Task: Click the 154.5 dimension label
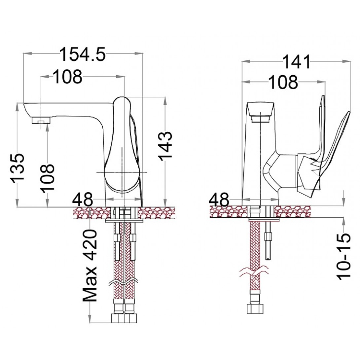pyautogui.click(x=83, y=54)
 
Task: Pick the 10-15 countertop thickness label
pyautogui.click(x=344, y=256)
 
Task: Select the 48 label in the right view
pyautogui.click(x=219, y=199)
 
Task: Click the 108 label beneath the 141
pyautogui.click(x=283, y=82)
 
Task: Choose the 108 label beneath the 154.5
pyautogui.click(x=68, y=77)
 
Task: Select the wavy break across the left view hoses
pyautogui.click(x=124, y=282)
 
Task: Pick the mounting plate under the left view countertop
pyautogui.click(x=124, y=221)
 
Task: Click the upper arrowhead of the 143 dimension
pyautogui.click(x=165, y=101)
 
